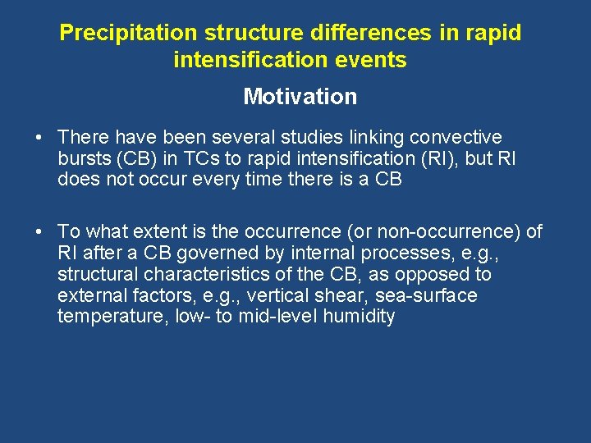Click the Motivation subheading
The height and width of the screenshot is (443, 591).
coord(300,97)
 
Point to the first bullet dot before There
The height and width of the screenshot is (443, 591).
coord(40,137)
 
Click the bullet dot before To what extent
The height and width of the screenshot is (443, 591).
coord(40,232)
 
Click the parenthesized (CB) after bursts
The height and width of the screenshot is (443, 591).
coord(135,158)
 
